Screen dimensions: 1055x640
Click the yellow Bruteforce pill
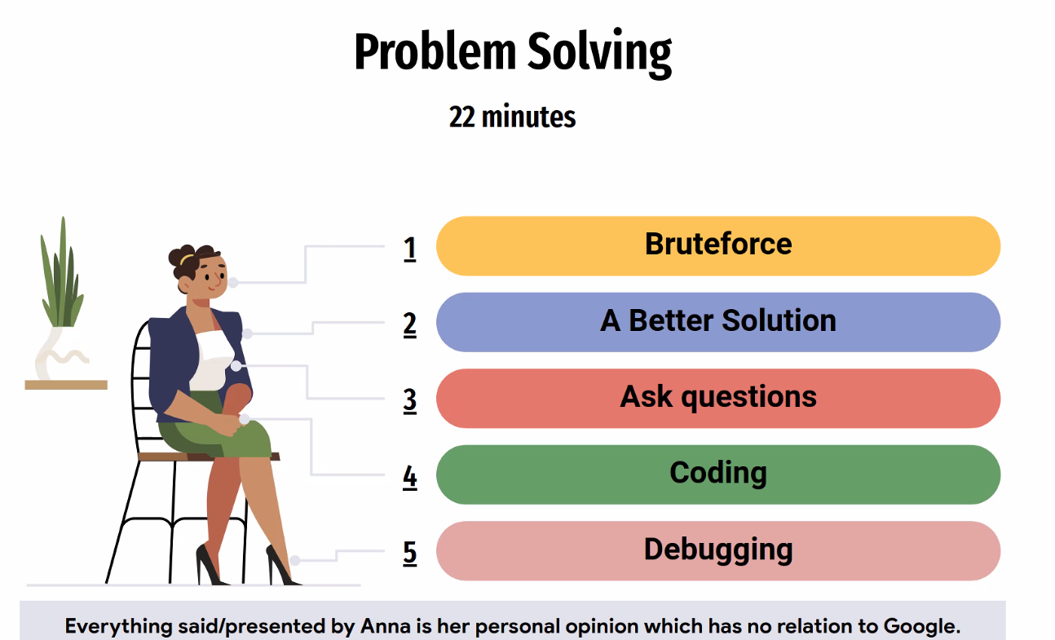[x=718, y=246]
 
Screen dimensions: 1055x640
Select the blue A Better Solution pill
[x=718, y=322]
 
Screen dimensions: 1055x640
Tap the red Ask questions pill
[x=718, y=399]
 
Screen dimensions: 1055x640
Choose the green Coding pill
[x=718, y=474]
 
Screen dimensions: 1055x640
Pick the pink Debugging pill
[x=718, y=551]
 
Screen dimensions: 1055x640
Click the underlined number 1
[x=410, y=249]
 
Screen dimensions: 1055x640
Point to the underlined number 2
[x=410, y=325]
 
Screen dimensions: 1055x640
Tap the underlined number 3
[x=410, y=401]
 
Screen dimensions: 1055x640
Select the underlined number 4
[x=410, y=478]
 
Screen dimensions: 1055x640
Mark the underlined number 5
[x=410, y=554]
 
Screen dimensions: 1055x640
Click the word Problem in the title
[x=435, y=52]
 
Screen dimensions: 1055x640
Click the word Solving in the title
[x=600, y=53]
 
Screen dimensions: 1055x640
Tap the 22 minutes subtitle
[x=513, y=117]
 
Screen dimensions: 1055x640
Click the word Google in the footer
[x=922, y=627]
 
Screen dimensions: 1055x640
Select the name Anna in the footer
[x=386, y=626]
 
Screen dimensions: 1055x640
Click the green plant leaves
[x=62, y=278]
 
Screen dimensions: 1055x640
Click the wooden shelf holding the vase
[x=66, y=385]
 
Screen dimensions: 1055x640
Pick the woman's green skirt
[x=217, y=433]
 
